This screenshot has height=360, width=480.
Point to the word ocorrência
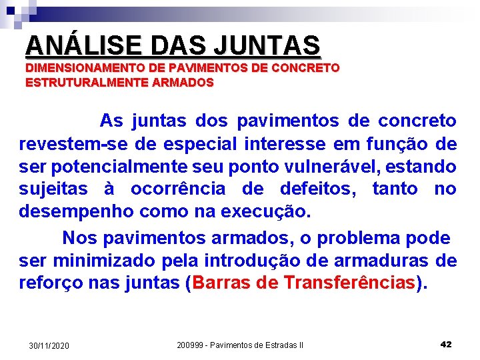point(178,189)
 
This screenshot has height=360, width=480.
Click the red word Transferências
point(349,283)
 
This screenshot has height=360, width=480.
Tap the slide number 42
point(446,344)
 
